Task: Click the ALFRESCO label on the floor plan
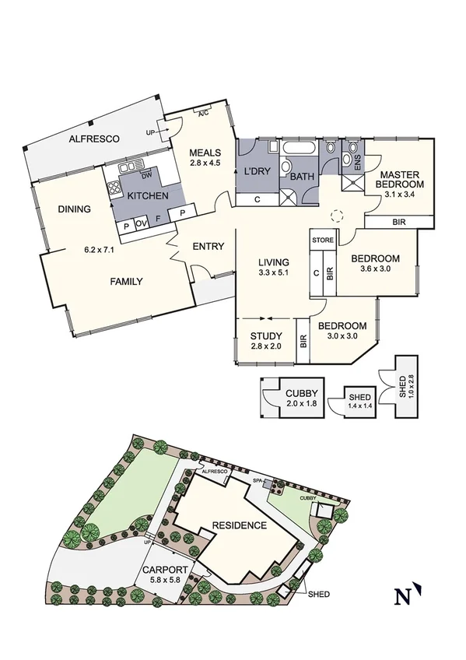pyautogui.click(x=93, y=139)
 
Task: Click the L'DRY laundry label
pyautogui.click(x=257, y=170)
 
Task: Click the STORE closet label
pyautogui.click(x=322, y=240)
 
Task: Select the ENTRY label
pyautogui.click(x=208, y=247)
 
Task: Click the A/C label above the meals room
pyautogui.click(x=203, y=114)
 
